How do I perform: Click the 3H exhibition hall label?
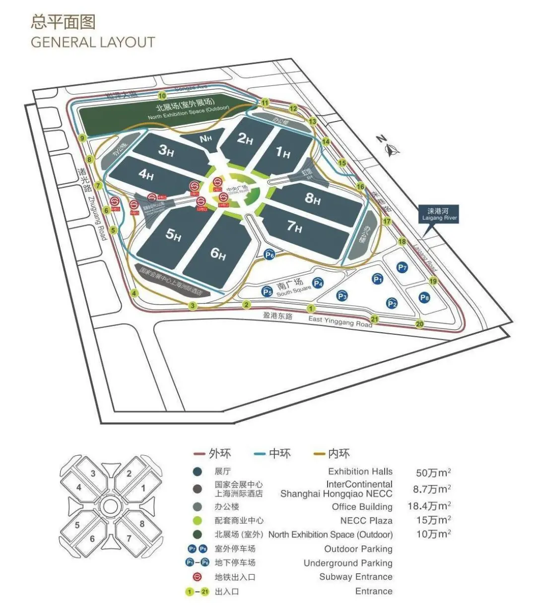(166, 149)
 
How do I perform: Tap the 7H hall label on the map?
(294, 227)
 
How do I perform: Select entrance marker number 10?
(162, 96)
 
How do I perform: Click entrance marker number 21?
(375, 319)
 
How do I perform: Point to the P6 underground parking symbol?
(269, 254)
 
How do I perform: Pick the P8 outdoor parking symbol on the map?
(424, 298)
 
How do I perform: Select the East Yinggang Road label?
(340, 321)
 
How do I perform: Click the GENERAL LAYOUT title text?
(93, 42)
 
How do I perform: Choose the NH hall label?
(205, 138)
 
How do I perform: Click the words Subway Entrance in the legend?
(355, 577)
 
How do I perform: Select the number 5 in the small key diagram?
(77, 525)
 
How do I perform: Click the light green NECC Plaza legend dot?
(198, 521)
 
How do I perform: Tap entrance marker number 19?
(433, 281)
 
